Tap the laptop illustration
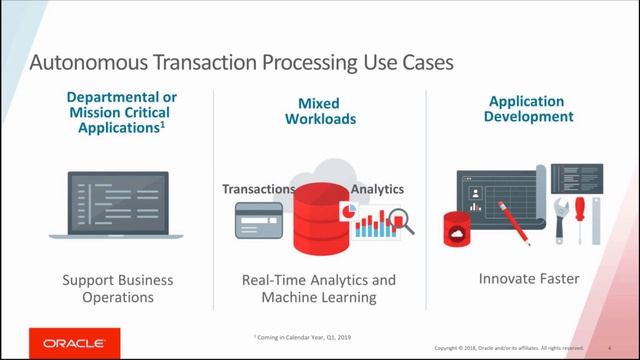coord(118,205)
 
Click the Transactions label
coord(258,188)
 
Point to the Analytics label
coord(377,188)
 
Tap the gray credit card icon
coord(258,220)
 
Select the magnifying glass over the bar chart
coord(399,218)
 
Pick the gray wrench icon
coord(563,219)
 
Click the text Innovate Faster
coord(530,280)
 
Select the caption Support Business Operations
coord(117,289)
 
